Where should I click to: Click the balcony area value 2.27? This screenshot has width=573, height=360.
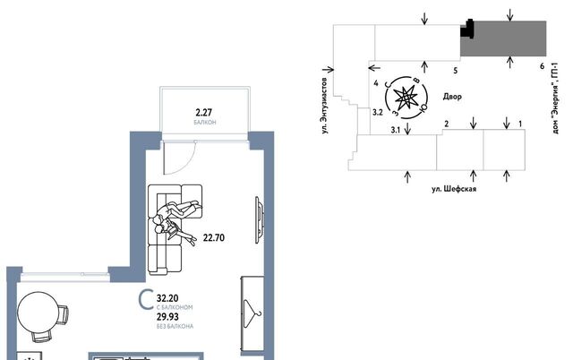click(203, 112)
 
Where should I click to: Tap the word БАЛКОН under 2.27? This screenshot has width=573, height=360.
click(205, 122)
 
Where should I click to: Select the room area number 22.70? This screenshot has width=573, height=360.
click(214, 238)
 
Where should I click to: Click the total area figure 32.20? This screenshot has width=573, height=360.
click(167, 298)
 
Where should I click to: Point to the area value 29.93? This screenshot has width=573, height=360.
click(167, 317)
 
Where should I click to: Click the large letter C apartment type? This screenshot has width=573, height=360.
click(146, 300)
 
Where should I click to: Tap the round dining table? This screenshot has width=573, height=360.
click(38, 312)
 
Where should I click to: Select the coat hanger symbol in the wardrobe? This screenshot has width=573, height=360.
click(252, 314)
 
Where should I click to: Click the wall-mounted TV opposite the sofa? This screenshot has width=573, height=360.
click(260, 220)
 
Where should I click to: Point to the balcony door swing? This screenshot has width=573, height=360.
click(180, 158)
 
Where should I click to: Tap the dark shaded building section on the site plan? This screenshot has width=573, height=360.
click(503, 39)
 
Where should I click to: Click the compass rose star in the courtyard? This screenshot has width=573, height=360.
click(406, 98)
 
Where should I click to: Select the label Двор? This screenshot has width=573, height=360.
click(452, 97)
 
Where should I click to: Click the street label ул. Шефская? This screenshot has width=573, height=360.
click(454, 189)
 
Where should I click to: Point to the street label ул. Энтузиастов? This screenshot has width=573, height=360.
click(324, 106)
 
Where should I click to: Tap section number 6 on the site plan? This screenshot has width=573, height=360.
click(542, 66)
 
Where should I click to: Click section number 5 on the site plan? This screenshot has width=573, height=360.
click(456, 71)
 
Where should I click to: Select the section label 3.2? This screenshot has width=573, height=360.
click(378, 112)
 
